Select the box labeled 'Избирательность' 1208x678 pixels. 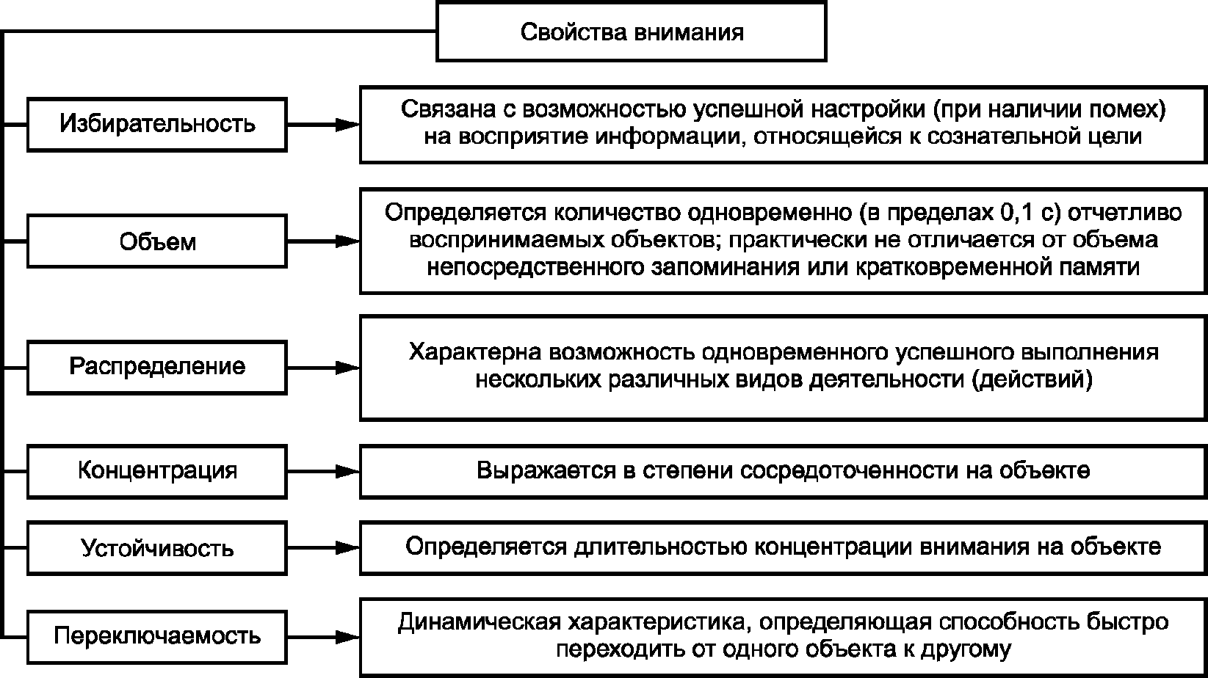(157, 124)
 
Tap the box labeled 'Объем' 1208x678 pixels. (157, 241)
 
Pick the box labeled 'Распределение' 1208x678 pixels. (157, 366)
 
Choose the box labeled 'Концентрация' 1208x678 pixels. (157, 470)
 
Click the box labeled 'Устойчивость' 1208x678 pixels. (157, 547)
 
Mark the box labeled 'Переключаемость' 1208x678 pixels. (157, 635)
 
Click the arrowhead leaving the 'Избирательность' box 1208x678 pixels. (347, 124)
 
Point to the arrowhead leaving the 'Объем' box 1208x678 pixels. (347, 241)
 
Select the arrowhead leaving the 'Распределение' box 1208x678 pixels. (347, 367)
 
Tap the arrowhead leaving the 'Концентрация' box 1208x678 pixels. (347, 470)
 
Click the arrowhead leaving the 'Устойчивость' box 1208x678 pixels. (347, 547)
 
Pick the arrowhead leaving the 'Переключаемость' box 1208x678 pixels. (347, 635)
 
